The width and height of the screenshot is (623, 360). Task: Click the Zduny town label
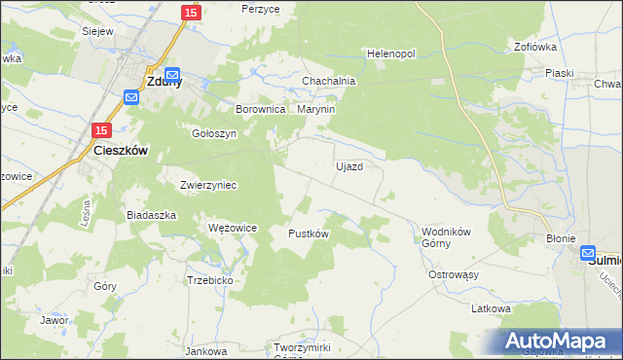click(155, 83)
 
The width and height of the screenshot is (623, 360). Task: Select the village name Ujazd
click(349, 166)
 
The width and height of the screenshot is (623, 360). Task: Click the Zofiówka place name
click(535, 46)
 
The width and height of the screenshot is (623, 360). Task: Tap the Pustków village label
click(309, 234)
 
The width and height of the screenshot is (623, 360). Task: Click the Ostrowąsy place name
click(454, 275)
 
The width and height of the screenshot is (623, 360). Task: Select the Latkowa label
click(492, 308)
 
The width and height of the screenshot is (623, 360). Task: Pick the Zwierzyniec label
click(208, 184)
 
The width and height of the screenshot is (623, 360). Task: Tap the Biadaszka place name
click(151, 215)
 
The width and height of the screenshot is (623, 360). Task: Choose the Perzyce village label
click(261, 8)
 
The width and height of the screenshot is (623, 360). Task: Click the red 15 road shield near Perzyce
click(191, 13)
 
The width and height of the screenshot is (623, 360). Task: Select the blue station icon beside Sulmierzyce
click(589, 253)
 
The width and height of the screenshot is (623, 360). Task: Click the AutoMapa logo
click(556, 342)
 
